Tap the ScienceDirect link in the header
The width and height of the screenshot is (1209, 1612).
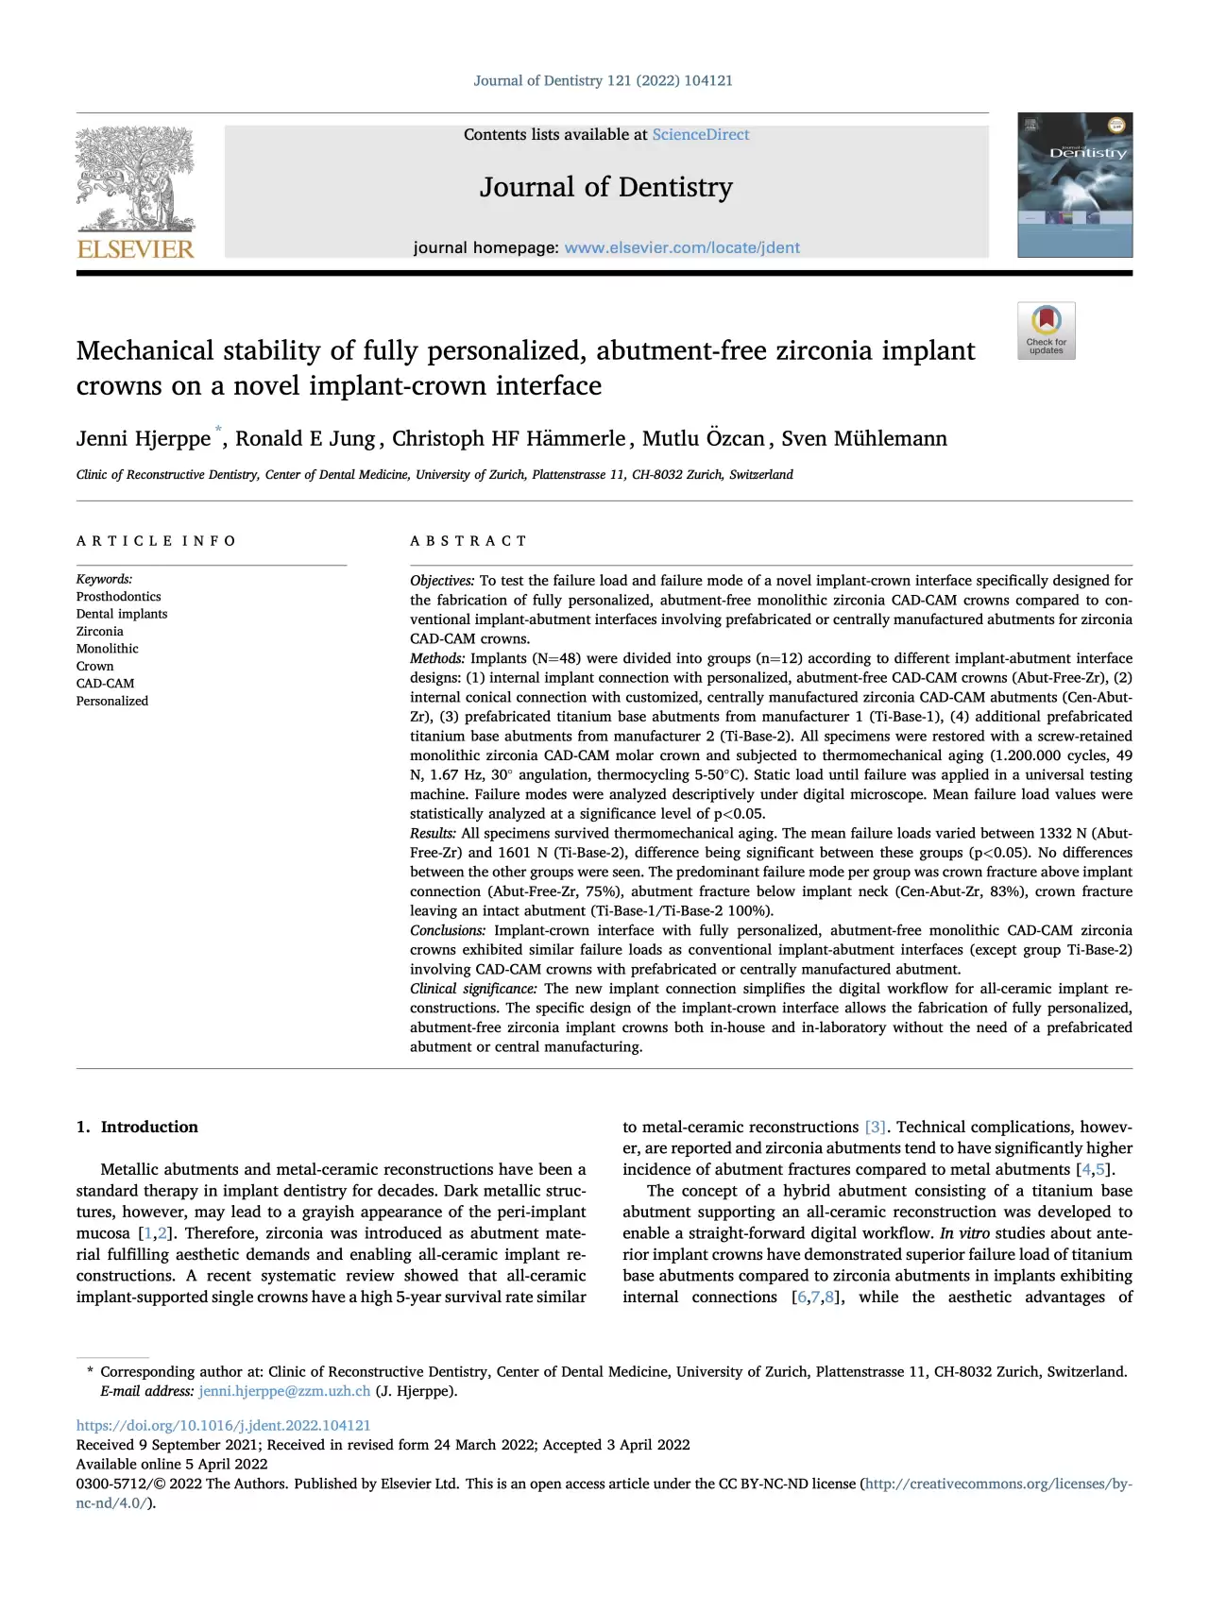click(x=700, y=135)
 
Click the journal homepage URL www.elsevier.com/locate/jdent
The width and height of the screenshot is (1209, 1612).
click(x=681, y=247)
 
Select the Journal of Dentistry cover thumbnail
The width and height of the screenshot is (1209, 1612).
click(x=1074, y=185)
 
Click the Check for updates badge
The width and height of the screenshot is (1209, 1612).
click(x=1046, y=331)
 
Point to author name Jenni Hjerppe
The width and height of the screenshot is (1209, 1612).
click(x=144, y=439)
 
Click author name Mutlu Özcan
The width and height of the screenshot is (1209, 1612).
click(x=703, y=439)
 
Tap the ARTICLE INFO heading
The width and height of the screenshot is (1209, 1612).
click(x=156, y=541)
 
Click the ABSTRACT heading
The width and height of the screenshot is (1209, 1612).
click(x=468, y=541)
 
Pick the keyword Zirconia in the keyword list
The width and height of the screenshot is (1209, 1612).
click(x=99, y=632)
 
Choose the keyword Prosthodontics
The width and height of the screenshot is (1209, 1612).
click(x=118, y=597)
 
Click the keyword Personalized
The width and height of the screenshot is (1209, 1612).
click(x=111, y=702)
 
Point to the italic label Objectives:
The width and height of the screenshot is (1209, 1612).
click(x=441, y=581)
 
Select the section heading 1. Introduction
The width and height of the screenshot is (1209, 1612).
click(x=137, y=1127)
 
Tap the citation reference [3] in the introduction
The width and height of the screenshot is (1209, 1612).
click(x=876, y=1128)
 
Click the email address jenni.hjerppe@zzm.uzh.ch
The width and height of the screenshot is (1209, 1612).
click(x=284, y=1391)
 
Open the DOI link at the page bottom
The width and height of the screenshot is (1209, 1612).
click(x=223, y=1426)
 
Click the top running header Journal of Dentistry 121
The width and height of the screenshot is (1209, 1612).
click(x=603, y=81)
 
